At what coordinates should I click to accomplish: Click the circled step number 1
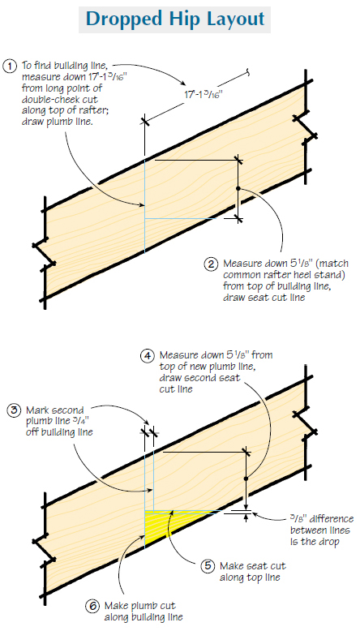click(x=11, y=66)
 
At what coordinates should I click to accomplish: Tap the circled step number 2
click(x=211, y=263)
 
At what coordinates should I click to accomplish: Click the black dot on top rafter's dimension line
click(x=238, y=188)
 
